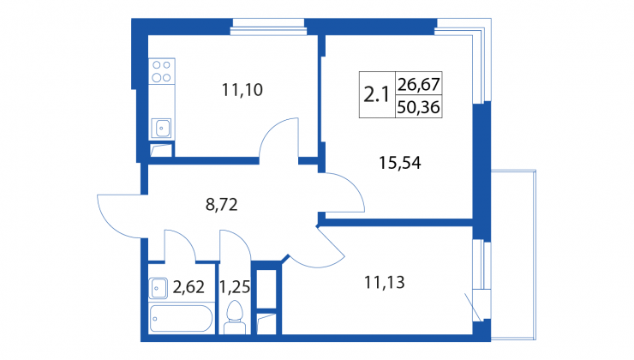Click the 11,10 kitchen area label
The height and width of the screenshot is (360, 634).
(x=242, y=90)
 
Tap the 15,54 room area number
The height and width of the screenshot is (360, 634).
(x=400, y=163)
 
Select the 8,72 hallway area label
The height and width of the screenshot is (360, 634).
(x=222, y=205)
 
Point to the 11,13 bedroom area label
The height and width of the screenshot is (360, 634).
(x=385, y=282)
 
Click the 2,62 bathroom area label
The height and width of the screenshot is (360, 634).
(x=188, y=287)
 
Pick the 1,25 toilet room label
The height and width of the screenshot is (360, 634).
(x=235, y=287)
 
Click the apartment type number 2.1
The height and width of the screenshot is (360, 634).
(x=376, y=95)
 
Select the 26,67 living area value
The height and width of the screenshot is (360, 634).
(x=418, y=84)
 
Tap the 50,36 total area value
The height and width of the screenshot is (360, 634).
(x=418, y=107)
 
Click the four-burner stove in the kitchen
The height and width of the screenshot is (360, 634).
(x=162, y=71)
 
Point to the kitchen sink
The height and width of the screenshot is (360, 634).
(x=161, y=129)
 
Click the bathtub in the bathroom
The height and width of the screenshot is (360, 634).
(x=181, y=318)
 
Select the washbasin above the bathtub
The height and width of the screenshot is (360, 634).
(x=158, y=288)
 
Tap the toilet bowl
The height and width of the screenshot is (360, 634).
(x=235, y=317)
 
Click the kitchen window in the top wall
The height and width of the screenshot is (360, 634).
(x=269, y=27)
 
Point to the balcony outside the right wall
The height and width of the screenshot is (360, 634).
(x=513, y=255)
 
